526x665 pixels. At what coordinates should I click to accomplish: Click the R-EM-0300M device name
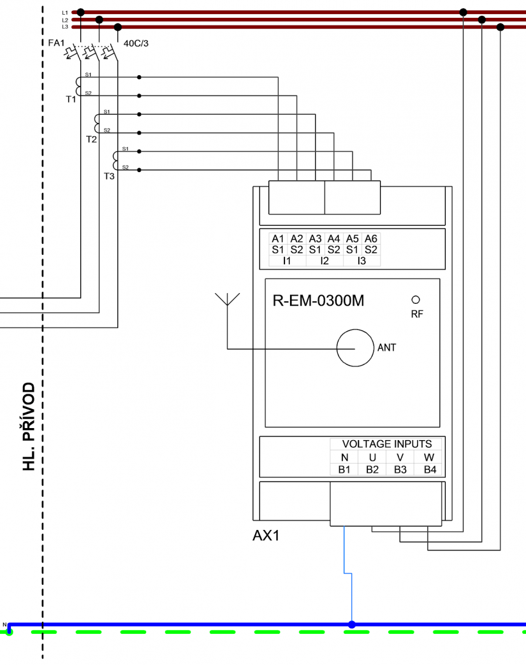[318, 301]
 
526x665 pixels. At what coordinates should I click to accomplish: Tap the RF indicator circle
[416, 299]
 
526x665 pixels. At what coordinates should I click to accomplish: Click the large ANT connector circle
[354, 348]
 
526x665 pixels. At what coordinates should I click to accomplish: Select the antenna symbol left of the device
[227, 300]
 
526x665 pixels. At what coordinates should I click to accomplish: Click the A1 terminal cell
[278, 239]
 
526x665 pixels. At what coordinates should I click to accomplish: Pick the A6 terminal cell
[371, 239]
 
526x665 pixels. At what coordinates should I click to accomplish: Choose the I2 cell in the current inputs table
[325, 261]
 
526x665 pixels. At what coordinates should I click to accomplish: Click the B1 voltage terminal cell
[344, 470]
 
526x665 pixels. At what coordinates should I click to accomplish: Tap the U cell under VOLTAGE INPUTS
[372, 457]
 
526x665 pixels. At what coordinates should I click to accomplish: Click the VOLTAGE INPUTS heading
[387, 444]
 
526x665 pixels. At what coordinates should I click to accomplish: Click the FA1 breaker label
[57, 43]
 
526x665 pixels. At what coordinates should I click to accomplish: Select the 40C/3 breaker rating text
[136, 43]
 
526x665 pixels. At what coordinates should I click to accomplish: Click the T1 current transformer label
[71, 100]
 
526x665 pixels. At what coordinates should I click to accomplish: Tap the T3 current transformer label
[109, 176]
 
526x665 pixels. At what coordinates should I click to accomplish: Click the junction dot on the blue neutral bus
[351, 625]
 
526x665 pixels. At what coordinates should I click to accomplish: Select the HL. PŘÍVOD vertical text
[28, 427]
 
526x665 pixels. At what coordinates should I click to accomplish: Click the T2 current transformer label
[91, 139]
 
